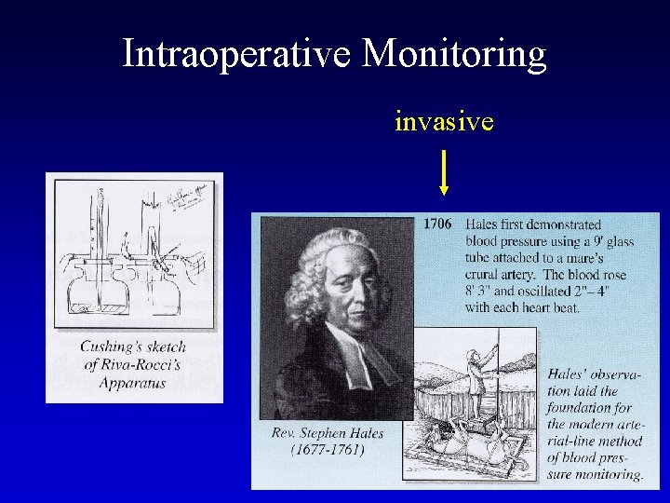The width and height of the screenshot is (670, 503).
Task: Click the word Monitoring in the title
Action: tap(453, 54)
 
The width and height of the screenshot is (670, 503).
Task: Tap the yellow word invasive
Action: tap(444, 122)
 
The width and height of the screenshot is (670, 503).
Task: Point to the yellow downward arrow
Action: tap(445, 171)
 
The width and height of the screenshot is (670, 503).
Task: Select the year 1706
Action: tap(437, 224)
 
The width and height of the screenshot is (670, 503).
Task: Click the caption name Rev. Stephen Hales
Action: tap(327, 433)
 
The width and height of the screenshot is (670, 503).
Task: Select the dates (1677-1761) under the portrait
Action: tap(327, 450)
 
